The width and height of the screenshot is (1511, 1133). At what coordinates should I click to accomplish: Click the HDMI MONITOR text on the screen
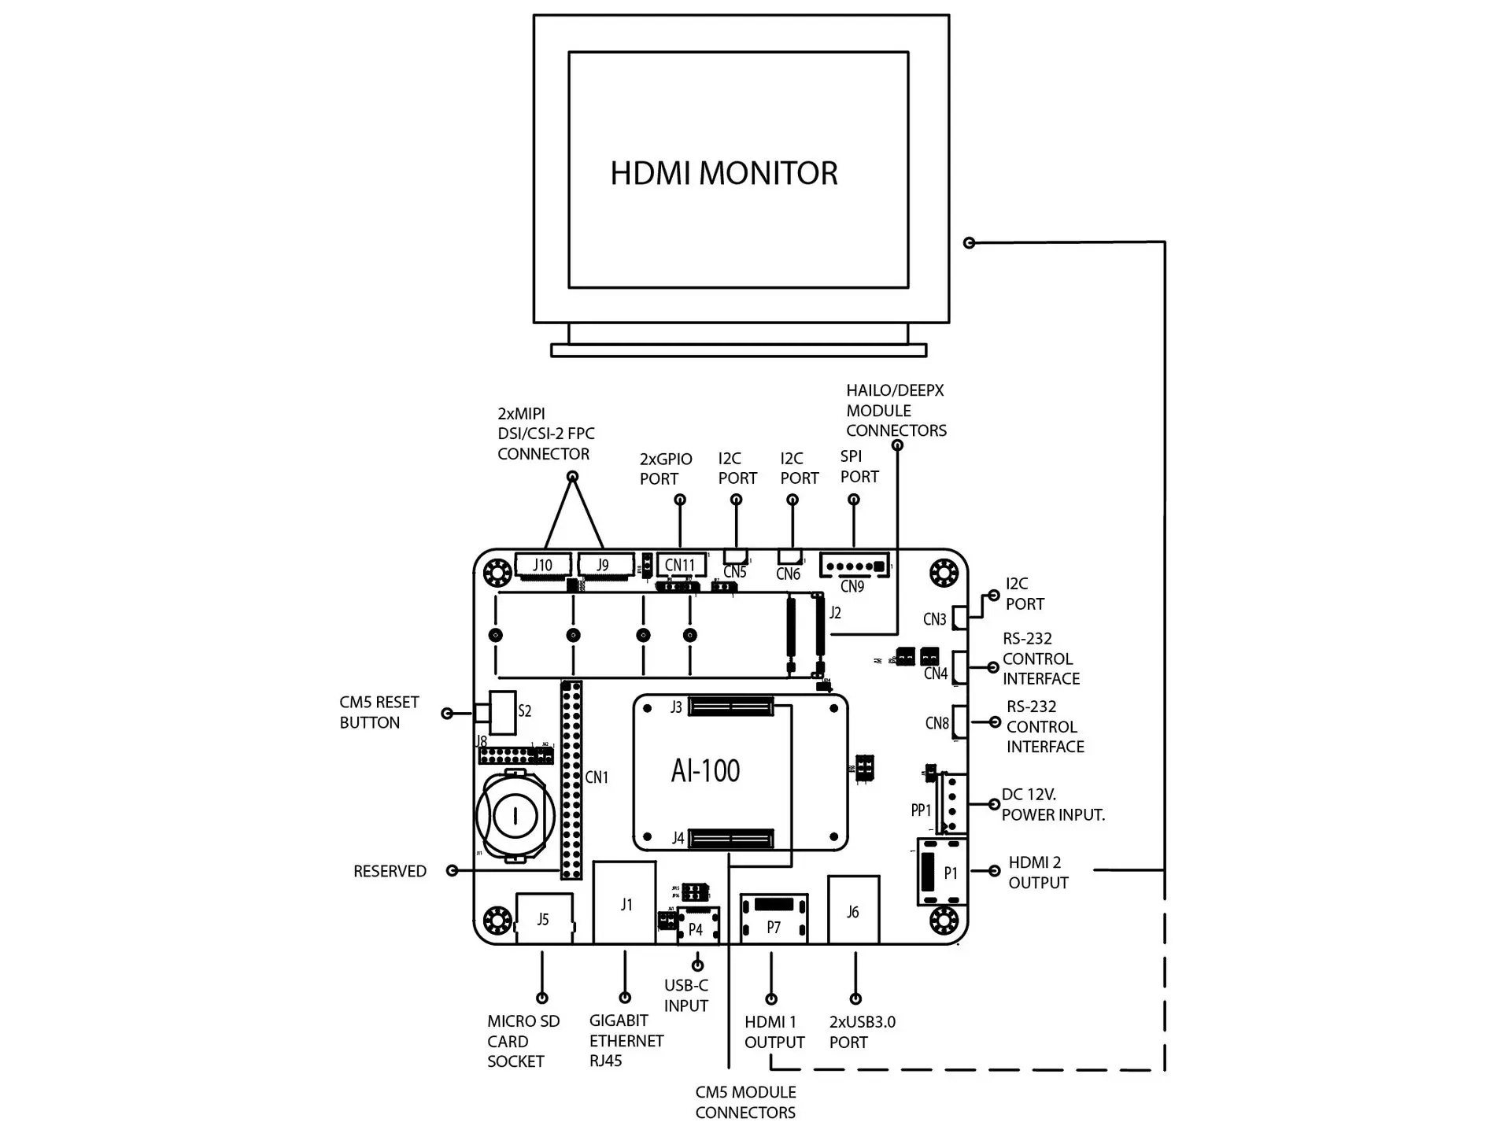pos(724,174)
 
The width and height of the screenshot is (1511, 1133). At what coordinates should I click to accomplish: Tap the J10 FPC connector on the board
pos(543,565)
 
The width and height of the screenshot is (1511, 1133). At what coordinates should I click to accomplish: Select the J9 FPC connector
pos(604,565)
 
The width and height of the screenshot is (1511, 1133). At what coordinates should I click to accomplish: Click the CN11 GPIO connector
pos(681,565)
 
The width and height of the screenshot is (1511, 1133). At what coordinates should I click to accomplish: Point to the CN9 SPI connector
pos(854,566)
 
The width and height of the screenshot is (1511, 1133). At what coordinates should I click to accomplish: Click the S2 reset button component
pos(501,711)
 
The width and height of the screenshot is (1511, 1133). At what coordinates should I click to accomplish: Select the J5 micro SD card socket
pos(544,918)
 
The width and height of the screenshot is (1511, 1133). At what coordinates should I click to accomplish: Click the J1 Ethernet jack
pos(625,903)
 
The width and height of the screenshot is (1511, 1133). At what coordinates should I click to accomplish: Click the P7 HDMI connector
pos(774,919)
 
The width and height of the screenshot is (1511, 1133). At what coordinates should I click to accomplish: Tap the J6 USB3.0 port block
pos(853,910)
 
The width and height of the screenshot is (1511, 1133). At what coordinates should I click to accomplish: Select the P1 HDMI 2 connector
pos(942,872)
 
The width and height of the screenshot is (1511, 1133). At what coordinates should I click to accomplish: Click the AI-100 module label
pos(706,771)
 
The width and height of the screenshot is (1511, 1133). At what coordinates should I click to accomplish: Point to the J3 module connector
pos(730,707)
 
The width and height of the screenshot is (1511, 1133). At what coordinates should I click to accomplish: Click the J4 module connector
pos(730,839)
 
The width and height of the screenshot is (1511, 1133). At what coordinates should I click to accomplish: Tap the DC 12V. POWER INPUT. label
pos(1053,805)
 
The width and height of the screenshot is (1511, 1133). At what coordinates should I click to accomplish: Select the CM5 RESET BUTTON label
pos(379,712)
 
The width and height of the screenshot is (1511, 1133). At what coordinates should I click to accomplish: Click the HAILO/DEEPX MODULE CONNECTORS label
pos(896,411)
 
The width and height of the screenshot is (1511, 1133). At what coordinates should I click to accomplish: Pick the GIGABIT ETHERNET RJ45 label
pos(626,1041)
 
